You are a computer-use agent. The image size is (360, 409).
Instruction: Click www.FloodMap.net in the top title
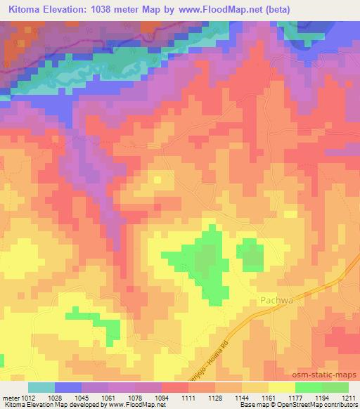click(x=221, y=9)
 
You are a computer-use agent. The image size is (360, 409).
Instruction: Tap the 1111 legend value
click(x=188, y=398)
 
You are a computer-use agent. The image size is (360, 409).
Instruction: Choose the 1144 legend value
click(x=242, y=398)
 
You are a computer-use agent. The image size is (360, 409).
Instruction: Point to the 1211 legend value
click(x=349, y=398)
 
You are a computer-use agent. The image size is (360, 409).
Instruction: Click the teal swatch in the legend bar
click(x=41, y=387)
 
